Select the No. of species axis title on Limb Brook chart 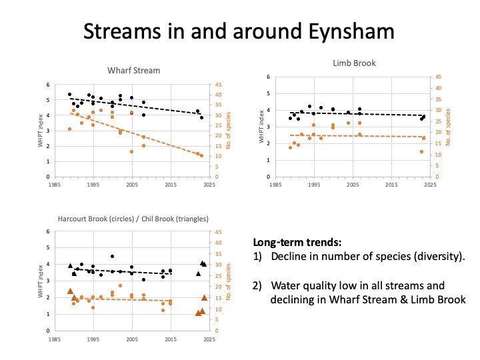click(x=448, y=131)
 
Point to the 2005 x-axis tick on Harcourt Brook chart click(x=131, y=338)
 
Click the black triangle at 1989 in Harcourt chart click(x=70, y=265)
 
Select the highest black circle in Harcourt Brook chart click(x=112, y=256)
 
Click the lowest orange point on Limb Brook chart click(x=421, y=151)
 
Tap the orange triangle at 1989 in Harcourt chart click(x=70, y=291)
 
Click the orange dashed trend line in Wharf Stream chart click(x=133, y=134)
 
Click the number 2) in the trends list click(x=259, y=285)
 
